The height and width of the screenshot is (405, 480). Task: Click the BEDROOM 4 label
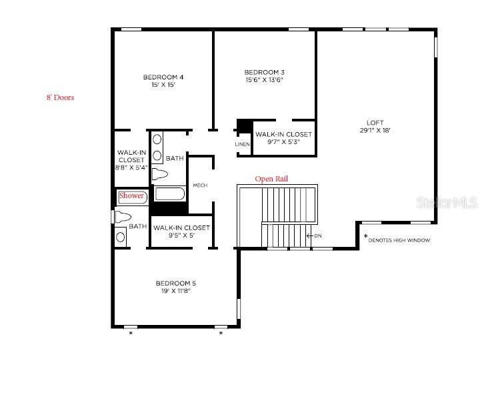click(x=163, y=77)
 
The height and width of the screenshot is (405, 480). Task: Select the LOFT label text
click(x=375, y=122)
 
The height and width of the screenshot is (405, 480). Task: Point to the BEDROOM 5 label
click(x=176, y=283)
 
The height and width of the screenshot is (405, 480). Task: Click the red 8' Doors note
click(x=60, y=97)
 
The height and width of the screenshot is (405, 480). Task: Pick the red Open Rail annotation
click(x=271, y=179)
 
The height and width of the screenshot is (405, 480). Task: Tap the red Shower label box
click(x=131, y=196)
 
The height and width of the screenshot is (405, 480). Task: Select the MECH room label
click(x=200, y=185)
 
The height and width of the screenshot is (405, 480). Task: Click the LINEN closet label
click(x=242, y=144)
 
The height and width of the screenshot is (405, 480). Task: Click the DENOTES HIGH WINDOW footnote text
click(x=399, y=240)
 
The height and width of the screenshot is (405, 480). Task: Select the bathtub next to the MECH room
click(x=171, y=193)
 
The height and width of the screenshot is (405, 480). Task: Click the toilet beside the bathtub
click(x=159, y=175)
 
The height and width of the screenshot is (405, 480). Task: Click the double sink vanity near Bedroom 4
click(x=157, y=147)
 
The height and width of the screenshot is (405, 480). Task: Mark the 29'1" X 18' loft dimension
click(x=375, y=131)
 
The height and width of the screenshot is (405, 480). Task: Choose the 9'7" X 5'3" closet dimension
click(x=283, y=141)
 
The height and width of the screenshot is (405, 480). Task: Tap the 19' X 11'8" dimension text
click(x=176, y=291)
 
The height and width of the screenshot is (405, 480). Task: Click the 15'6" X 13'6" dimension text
click(x=264, y=80)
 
